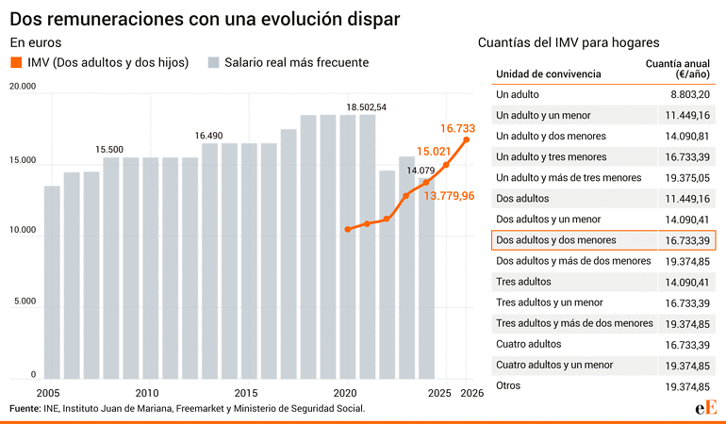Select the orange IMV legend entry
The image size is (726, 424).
tap(99, 63)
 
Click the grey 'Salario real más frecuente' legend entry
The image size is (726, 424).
tap(288, 63)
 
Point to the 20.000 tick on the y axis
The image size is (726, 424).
tap(22, 87)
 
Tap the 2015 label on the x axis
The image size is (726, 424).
tap(245, 393)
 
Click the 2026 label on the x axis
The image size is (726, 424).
tap(471, 393)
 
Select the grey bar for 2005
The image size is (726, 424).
tap(52, 283)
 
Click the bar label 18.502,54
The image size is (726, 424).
tap(367, 107)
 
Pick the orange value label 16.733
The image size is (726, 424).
tap(457, 127)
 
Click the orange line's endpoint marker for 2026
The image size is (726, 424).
tap(467, 140)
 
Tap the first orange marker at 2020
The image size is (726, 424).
tap(348, 229)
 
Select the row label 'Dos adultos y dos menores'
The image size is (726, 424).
tap(556, 240)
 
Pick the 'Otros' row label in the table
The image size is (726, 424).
tap(508, 385)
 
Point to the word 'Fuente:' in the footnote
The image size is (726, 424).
tap(25, 408)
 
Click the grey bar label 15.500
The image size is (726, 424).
tap(109, 150)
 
